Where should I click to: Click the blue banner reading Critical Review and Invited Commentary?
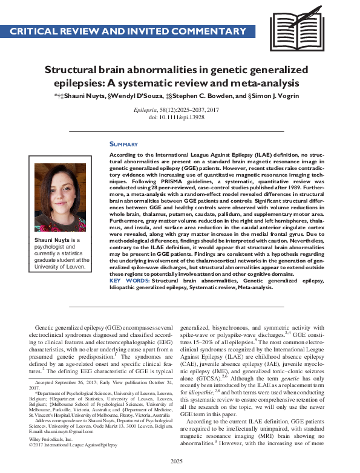[128, 31]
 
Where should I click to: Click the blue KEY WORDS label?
[129, 281]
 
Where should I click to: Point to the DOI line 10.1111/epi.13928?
[180, 117]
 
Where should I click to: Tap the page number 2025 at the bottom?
[180, 462]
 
